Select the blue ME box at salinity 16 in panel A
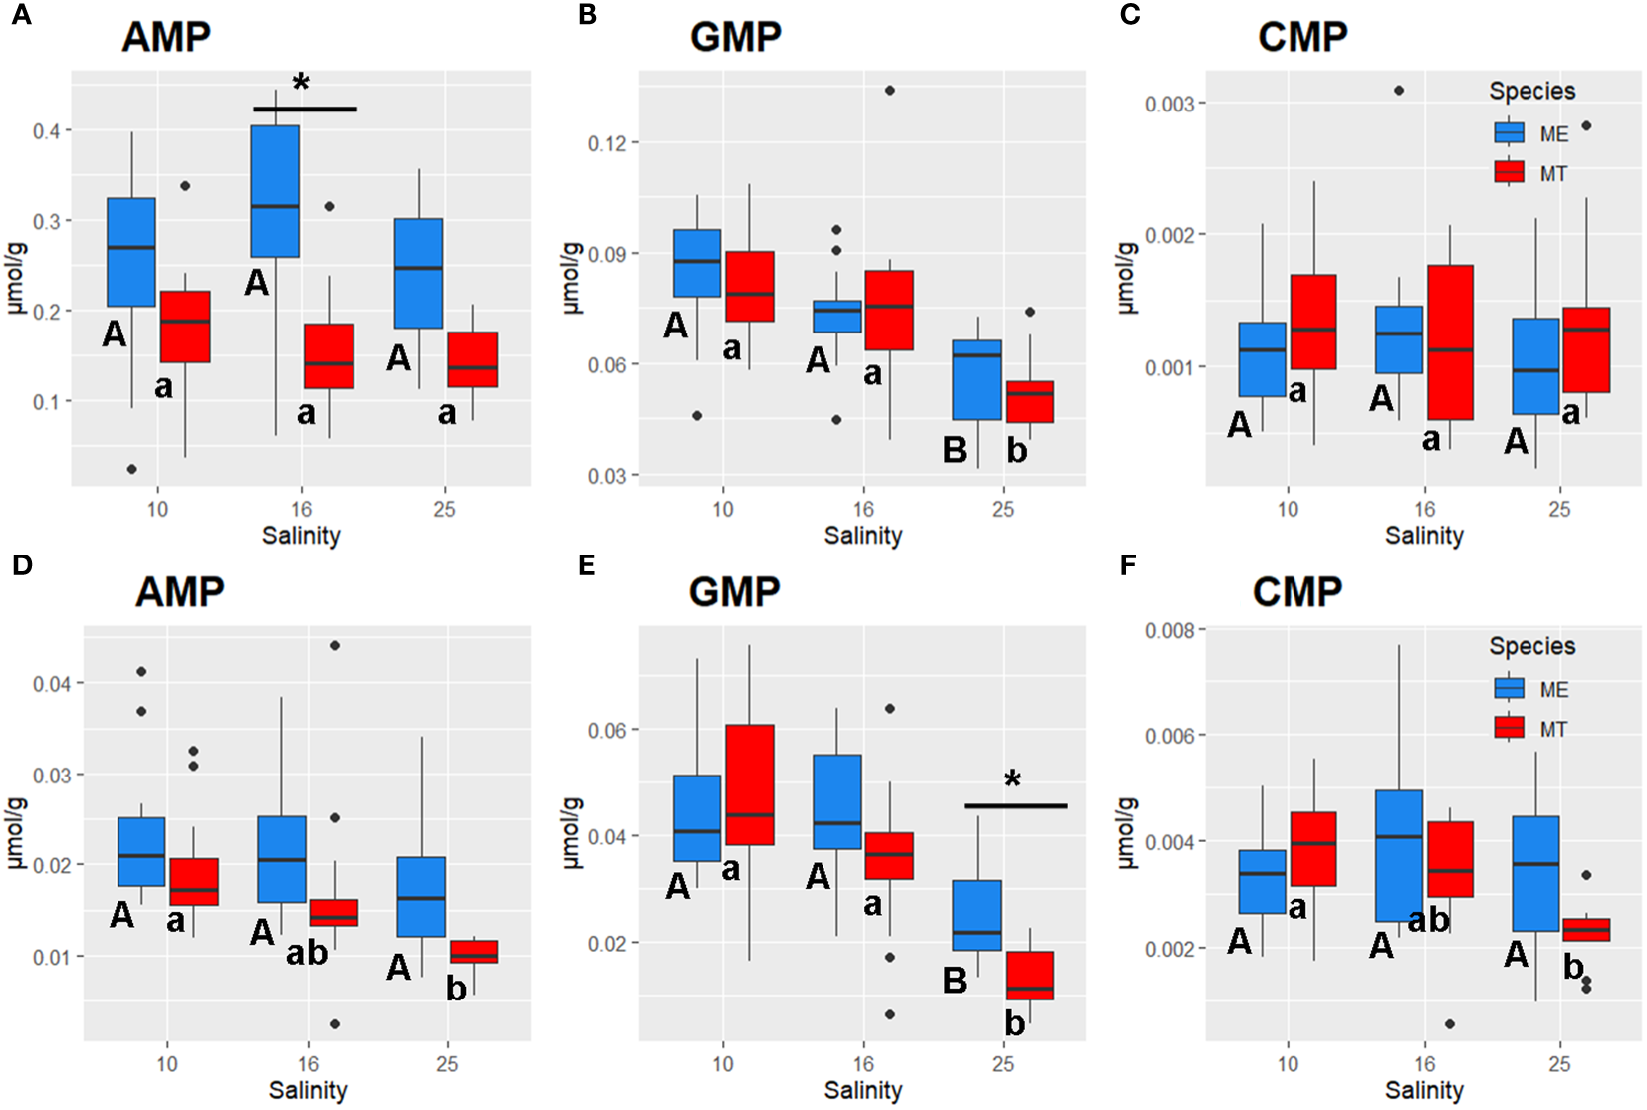coord(275,191)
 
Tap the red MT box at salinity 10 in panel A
coord(186,327)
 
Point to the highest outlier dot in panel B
coord(890,91)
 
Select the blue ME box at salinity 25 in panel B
coord(977,379)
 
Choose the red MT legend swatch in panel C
coord(1510,173)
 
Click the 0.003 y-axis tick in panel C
coord(1171,104)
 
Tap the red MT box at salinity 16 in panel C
coord(1449,341)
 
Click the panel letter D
coord(22,566)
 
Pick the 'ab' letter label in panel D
coord(306,953)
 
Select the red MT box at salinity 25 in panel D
coord(474,951)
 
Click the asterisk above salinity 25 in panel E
coord(1013,779)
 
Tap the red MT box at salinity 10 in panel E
coord(750,784)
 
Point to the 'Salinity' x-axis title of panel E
coord(863,1090)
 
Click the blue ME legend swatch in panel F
coord(1510,689)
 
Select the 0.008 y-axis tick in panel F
coord(1171,630)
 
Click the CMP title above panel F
coord(1296,592)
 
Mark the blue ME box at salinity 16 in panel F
coord(1399,855)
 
